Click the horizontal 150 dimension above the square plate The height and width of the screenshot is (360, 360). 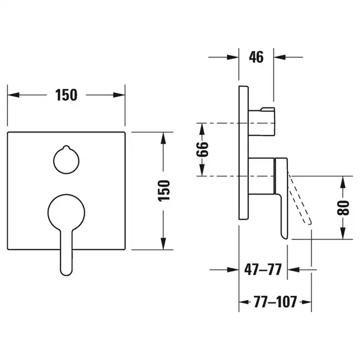(67, 95)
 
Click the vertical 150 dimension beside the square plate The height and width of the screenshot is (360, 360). (164, 191)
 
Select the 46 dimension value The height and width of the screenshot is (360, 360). (256, 57)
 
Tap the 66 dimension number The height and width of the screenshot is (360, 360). (202, 149)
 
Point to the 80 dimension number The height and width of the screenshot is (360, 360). (343, 208)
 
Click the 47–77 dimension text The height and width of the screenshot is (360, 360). (263, 269)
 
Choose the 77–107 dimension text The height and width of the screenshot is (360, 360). (275, 302)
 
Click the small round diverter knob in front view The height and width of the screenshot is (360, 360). (67, 160)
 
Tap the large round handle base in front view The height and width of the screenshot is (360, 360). (67, 212)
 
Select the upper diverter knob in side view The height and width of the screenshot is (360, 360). (262, 121)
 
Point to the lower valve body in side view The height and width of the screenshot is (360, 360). (262, 176)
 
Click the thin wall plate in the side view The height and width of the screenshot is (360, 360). (244, 152)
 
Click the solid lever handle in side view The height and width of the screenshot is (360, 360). (281, 197)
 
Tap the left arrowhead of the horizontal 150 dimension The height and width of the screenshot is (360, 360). (13, 95)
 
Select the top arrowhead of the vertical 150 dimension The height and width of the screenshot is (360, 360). (163, 139)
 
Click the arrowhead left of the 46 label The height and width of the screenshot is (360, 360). (233, 57)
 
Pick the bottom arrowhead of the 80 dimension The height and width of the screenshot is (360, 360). (343, 233)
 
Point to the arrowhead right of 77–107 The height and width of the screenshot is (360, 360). (306, 302)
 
